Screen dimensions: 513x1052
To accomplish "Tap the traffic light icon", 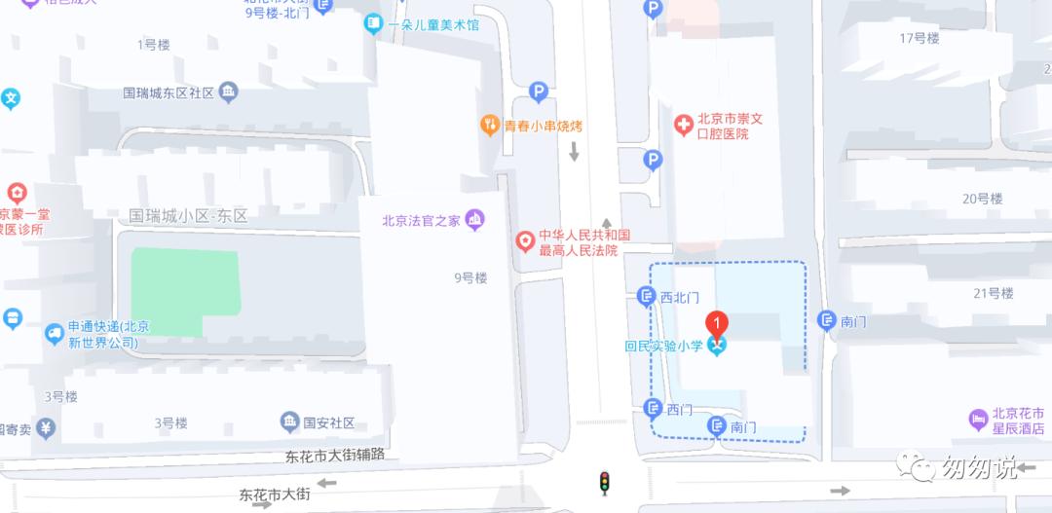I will click(x=605, y=482).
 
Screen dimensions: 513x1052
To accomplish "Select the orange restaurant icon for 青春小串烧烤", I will click(x=490, y=125).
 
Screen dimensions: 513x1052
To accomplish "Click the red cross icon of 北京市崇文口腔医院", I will click(x=685, y=124).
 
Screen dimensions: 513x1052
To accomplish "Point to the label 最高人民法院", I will click(x=579, y=250).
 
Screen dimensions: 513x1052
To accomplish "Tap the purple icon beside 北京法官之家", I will click(x=475, y=219).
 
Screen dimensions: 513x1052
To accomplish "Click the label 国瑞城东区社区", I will click(x=168, y=93).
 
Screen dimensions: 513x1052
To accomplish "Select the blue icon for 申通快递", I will click(x=55, y=334).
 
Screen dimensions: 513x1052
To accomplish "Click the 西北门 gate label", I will click(x=680, y=297).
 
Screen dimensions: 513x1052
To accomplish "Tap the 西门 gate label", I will click(x=680, y=410).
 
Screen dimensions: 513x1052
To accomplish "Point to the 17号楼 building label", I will click(x=919, y=38).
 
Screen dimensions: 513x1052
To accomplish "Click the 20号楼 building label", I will click(x=981, y=199).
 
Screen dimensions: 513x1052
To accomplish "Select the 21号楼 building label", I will click(x=993, y=293).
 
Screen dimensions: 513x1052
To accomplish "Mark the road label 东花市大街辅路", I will click(x=336, y=454).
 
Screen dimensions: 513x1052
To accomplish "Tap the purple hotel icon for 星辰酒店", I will click(x=979, y=420).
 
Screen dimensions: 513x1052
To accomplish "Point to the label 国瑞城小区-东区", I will click(x=189, y=215).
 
